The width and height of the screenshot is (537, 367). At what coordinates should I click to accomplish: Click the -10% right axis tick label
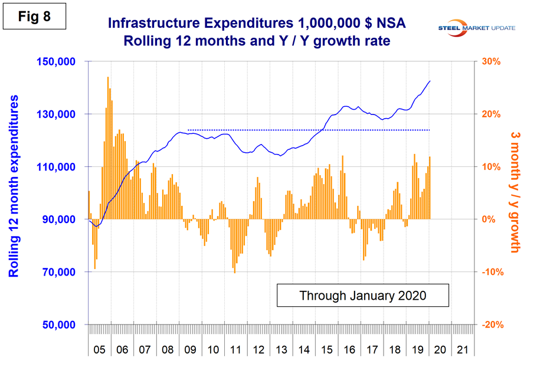[x=493, y=272]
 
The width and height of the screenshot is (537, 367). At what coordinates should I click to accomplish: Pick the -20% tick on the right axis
[x=493, y=325]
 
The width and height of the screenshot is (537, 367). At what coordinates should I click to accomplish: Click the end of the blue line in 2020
[x=430, y=81]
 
